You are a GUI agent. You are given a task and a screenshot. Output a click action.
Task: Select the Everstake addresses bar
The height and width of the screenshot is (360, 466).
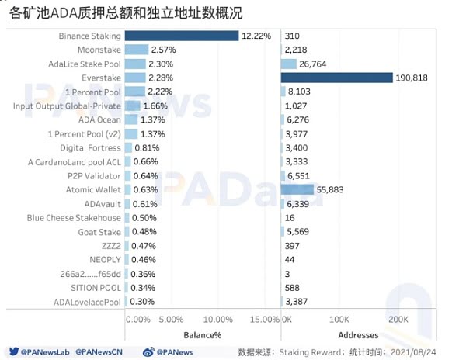click(337, 78)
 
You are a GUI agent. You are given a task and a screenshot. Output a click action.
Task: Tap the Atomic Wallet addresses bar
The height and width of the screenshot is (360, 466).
click(297, 189)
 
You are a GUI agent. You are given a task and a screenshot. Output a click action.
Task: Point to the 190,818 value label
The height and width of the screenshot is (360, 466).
click(412, 78)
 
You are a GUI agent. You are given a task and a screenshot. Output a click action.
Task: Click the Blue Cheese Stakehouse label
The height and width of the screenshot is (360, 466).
click(74, 218)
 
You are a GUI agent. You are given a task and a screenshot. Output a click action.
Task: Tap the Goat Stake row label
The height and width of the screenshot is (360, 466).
click(99, 232)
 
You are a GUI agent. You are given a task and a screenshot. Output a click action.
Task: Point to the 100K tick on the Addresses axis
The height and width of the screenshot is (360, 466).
click(339, 320)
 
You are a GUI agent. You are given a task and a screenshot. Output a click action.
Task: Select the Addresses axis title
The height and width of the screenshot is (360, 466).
click(358, 335)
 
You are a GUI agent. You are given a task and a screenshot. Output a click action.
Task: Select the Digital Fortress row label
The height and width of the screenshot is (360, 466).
click(91, 147)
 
